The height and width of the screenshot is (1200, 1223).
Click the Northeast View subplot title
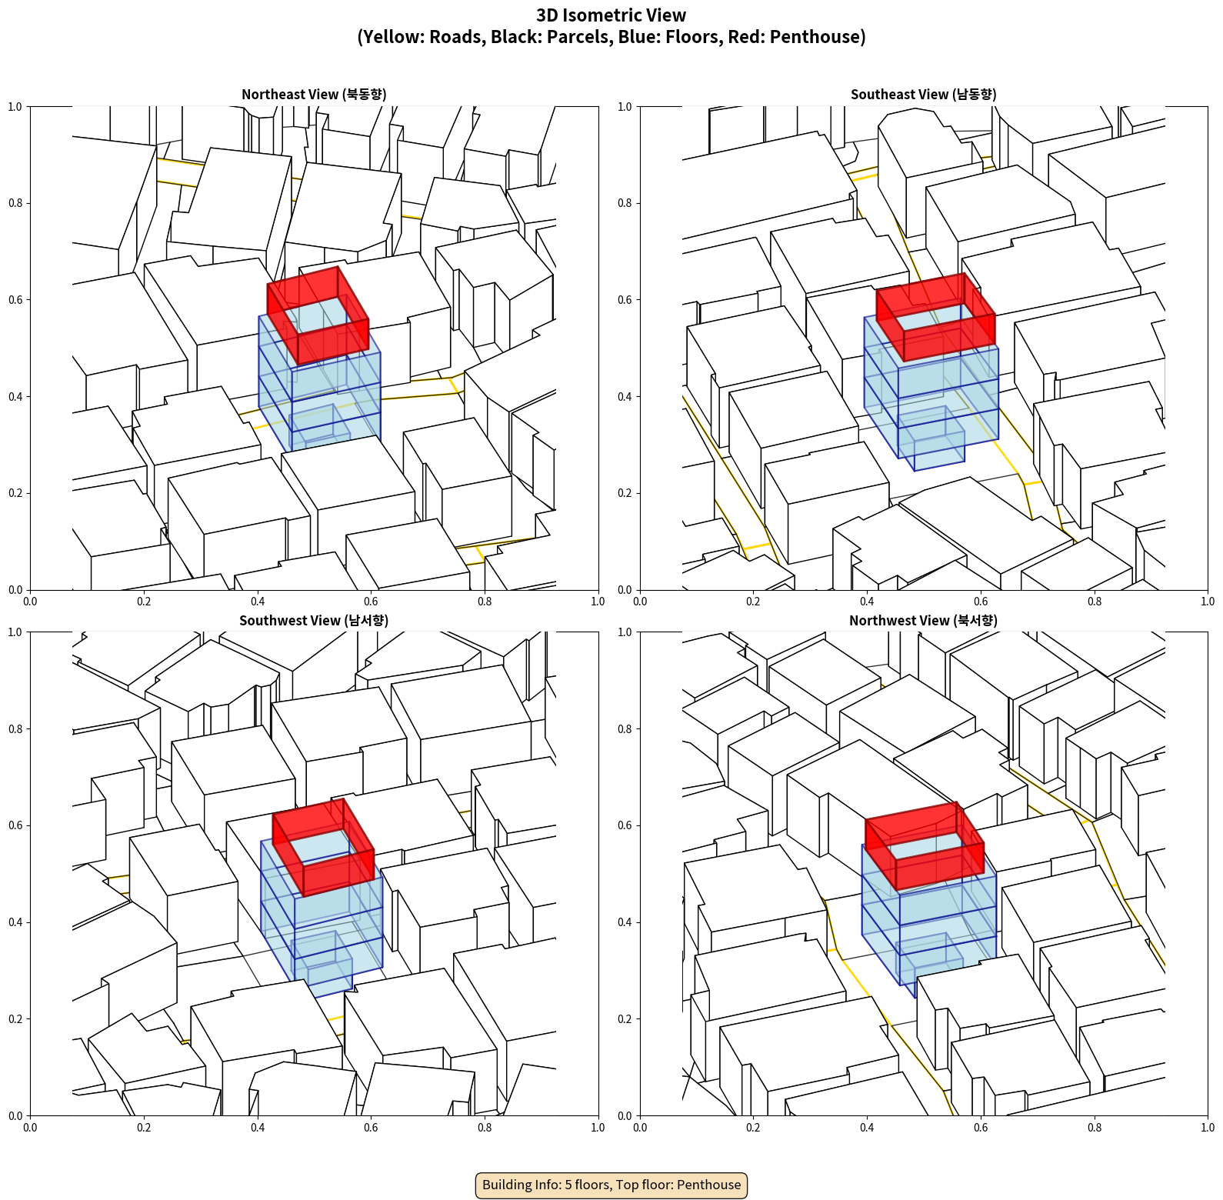pos(314,94)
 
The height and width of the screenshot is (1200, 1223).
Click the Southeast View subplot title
pos(923,94)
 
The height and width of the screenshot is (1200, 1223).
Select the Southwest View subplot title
pos(314,620)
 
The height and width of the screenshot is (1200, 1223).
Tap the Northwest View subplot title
pos(923,620)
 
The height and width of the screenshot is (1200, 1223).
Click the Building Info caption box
pos(611,1185)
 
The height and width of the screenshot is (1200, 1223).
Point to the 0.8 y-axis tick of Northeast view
pos(15,203)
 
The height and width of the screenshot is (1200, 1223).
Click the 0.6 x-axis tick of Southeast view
pos(981,602)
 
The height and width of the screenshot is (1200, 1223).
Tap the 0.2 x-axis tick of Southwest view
pos(144,1128)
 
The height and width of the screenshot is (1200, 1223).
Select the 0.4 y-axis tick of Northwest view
pos(625,922)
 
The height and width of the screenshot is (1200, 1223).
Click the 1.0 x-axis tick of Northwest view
pos(1208,1128)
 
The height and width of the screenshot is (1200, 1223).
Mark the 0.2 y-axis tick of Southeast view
pos(625,493)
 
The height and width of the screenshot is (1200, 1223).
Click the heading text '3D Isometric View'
pos(611,15)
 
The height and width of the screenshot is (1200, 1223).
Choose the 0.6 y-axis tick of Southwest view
pos(15,825)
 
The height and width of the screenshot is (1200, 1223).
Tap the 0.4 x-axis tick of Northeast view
pos(258,602)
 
